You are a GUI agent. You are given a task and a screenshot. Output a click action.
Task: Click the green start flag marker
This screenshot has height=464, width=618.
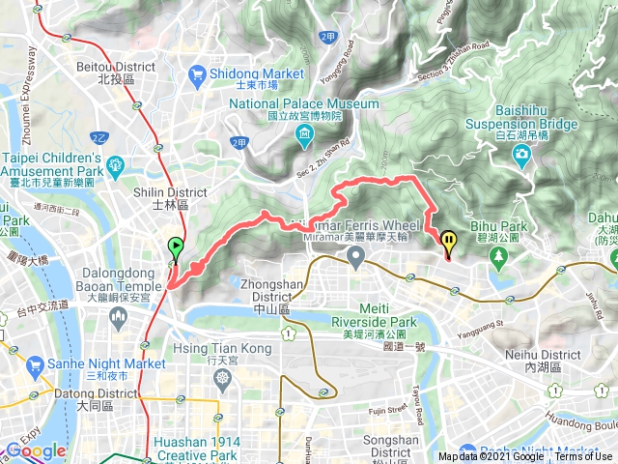(x=175, y=246)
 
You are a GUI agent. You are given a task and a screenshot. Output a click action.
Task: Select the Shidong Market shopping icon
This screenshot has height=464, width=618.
(x=198, y=72)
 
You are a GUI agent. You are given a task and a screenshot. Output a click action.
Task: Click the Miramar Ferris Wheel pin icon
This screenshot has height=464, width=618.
(x=356, y=258)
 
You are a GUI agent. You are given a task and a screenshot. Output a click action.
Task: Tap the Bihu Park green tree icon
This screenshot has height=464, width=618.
(x=499, y=257)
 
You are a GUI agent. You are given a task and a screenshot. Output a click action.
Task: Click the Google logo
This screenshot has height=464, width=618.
(x=36, y=450)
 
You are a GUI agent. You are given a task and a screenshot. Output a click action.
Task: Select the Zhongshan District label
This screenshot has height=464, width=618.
(x=259, y=292)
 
